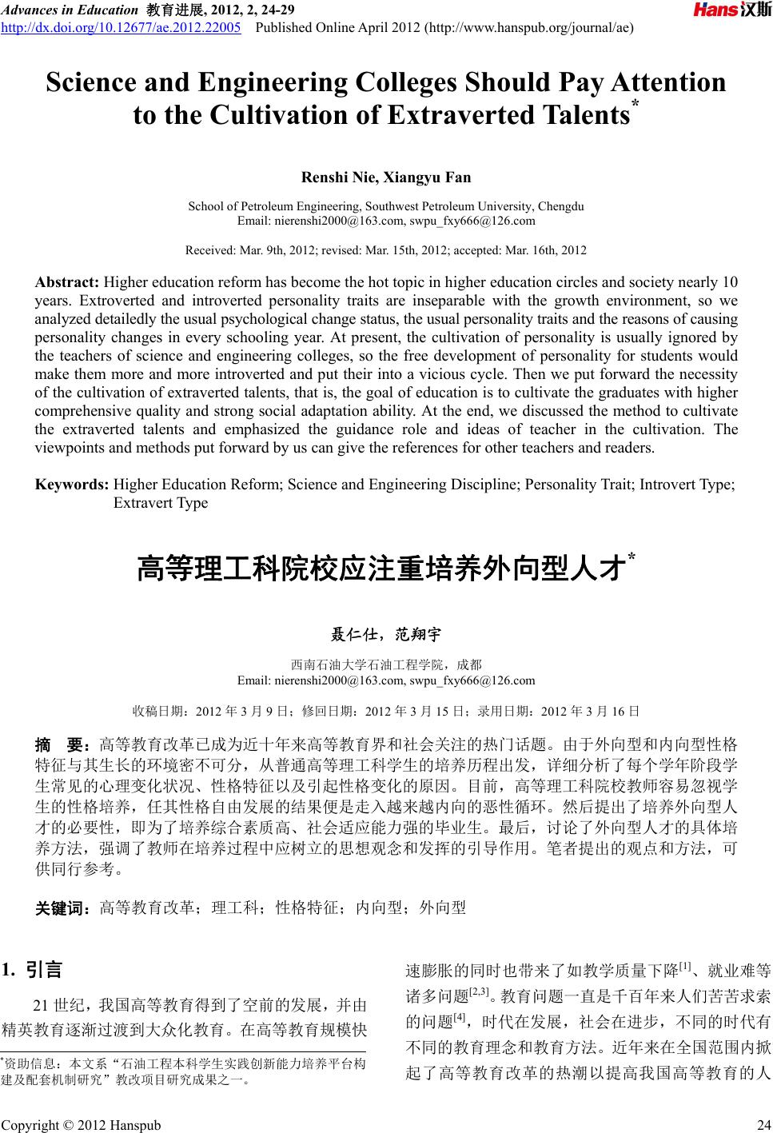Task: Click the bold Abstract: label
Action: tap(67, 281)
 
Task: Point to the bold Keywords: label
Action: tap(72, 485)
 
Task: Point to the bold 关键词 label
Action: tap(64, 908)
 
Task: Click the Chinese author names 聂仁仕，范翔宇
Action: tap(386, 636)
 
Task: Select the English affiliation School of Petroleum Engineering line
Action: tap(386, 206)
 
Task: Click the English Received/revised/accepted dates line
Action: tap(386, 250)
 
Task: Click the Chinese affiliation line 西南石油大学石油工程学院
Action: tap(386, 664)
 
